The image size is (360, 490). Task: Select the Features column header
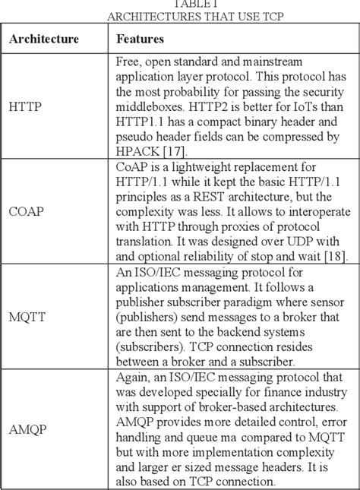(141, 38)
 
